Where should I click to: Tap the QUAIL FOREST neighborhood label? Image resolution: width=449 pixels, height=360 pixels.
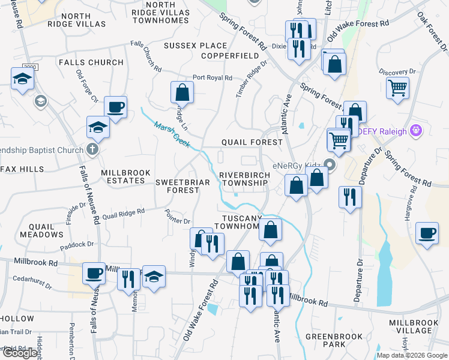point(252,142)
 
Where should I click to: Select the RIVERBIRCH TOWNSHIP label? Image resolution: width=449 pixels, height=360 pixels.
point(244,179)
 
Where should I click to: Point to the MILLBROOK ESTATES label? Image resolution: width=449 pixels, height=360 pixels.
point(125,177)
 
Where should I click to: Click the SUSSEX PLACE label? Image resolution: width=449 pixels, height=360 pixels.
point(196,46)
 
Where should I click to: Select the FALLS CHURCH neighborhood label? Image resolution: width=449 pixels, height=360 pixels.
point(91,62)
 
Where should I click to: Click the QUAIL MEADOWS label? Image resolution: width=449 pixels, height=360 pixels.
point(41,231)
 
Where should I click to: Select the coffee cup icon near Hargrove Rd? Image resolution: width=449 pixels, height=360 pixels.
point(427,233)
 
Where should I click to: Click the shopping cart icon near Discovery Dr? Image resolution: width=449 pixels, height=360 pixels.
point(398,88)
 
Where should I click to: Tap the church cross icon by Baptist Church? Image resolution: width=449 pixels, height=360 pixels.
point(92,149)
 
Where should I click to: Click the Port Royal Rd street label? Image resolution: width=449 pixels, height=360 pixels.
point(212,78)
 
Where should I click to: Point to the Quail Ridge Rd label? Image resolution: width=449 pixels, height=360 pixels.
point(124,212)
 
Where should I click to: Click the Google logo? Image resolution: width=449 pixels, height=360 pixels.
point(20,353)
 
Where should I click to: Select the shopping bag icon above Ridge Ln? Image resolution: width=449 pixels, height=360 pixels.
point(182,93)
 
